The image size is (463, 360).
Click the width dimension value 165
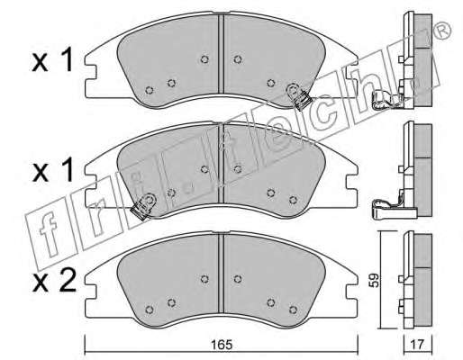point(222,345)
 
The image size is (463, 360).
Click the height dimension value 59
point(374,280)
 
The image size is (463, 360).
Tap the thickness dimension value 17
point(417,345)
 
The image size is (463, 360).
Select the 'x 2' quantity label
point(54,283)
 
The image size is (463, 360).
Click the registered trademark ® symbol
point(443,31)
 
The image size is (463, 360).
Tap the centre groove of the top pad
point(221,54)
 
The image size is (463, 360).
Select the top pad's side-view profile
point(416,59)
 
